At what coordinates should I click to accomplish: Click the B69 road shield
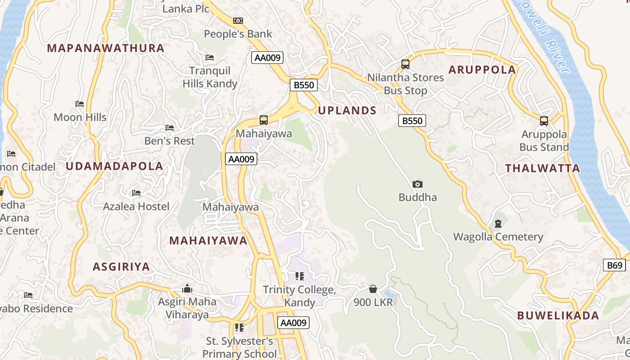[x=614, y=265]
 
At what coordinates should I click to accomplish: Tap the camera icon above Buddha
[x=418, y=184]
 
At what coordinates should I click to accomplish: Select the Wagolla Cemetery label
[x=498, y=237]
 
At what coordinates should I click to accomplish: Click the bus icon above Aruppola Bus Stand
[x=544, y=121]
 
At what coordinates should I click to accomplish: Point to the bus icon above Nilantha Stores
[x=405, y=64]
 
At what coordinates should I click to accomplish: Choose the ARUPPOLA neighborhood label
[x=482, y=70]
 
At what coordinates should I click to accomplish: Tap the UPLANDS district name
[x=347, y=111]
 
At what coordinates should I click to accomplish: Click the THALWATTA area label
[x=542, y=169]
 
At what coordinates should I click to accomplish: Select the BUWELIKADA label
[x=558, y=315]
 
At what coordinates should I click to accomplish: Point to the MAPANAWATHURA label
[x=106, y=48]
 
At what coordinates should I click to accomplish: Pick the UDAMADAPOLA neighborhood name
[x=114, y=166]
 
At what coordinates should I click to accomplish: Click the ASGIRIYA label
[x=121, y=267]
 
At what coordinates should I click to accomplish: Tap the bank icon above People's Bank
[x=238, y=21]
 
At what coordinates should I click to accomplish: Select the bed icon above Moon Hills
[x=80, y=104]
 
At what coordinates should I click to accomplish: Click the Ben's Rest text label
[x=170, y=141]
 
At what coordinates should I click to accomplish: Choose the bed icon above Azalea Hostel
[x=136, y=193]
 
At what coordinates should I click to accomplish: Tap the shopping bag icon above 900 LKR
[x=373, y=289]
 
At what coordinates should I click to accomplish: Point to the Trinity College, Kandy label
[x=299, y=296]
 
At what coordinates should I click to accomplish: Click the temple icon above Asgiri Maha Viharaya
[x=187, y=288]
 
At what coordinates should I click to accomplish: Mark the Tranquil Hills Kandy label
[x=210, y=77]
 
